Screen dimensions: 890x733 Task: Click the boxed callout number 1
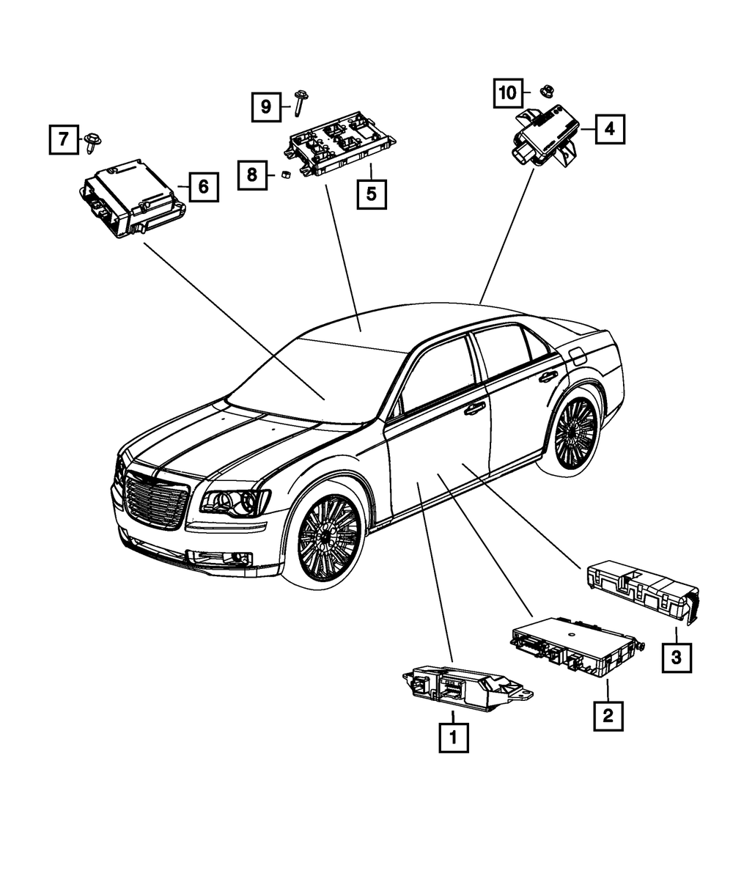pyautogui.click(x=453, y=738)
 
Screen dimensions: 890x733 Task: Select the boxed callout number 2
pyautogui.click(x=608, y=715)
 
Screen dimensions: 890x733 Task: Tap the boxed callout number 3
pyautogui.click(x=676, y=658)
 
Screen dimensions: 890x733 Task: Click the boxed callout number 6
pyautogui.click(x=203, y=187)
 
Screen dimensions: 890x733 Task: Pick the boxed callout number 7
pyautogui.click(x=64, y=139)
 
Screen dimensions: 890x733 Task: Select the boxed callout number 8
pyautogui.click(x=251, y=174)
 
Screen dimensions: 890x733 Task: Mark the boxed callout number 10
pyautogui.click(x=507, y=92)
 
